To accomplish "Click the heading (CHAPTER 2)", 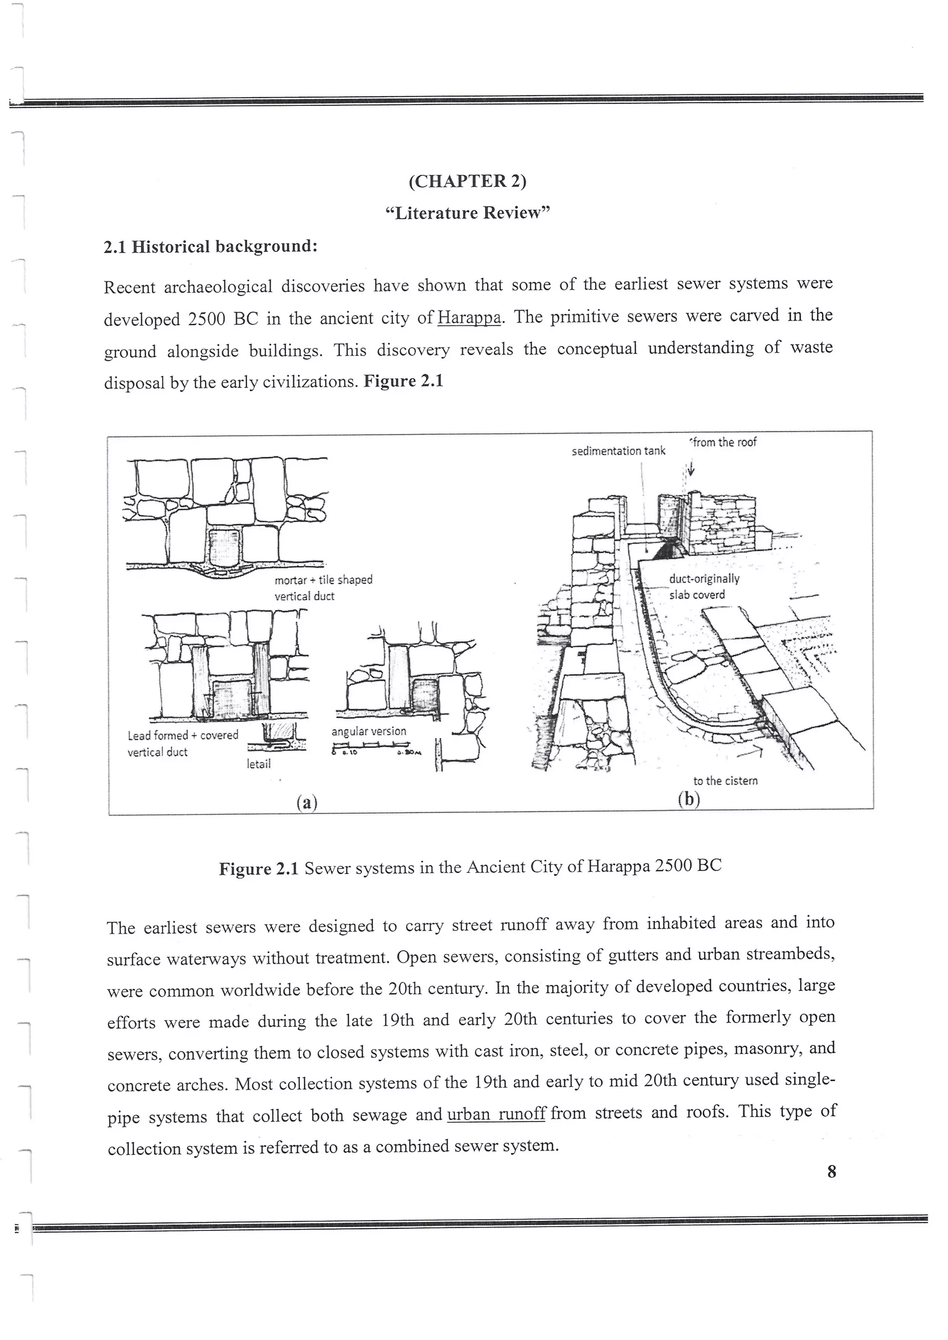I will (x=467, y=181).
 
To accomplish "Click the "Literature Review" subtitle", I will (x=468, y=213).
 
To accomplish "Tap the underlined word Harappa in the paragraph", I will (x=469, y=318).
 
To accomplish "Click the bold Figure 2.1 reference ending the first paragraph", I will (x=403, y=382).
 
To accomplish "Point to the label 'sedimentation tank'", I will (x=618, y=451).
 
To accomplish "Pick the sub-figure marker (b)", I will (x=689, y=798).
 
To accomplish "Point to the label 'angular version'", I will (x=368, y=731).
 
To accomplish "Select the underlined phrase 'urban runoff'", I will (x=496, y=1114).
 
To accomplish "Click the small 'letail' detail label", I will (x=259, y=763).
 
